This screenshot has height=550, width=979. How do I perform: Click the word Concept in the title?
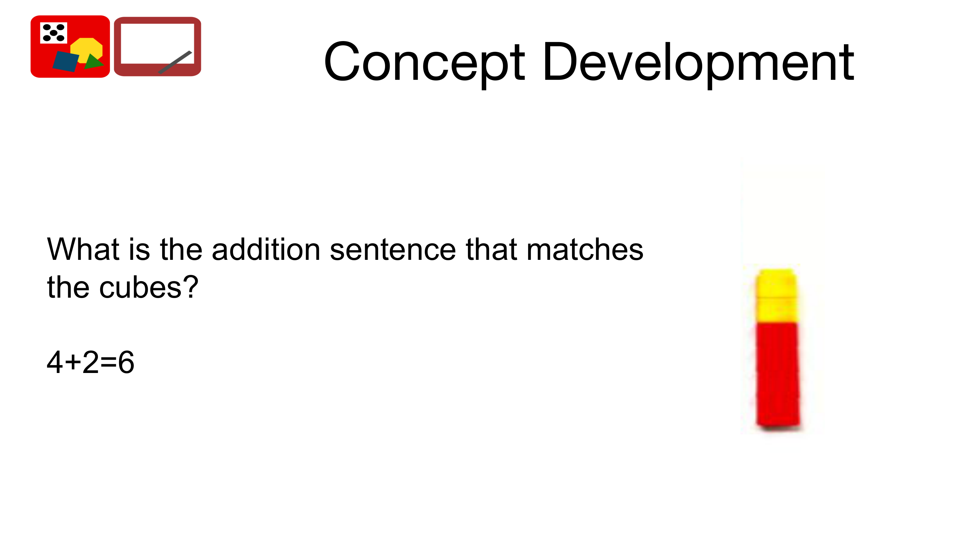click(425, 63)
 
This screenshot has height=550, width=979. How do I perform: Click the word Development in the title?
click(699, 63)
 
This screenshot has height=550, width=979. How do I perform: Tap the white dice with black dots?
click(54, 33)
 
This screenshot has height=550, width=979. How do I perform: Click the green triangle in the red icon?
click(93, 62)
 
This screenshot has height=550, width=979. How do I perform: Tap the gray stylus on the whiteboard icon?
click(175, 62)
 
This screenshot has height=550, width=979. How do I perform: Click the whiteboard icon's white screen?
click(157, 43)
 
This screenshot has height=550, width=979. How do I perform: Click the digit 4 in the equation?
click(55, 362)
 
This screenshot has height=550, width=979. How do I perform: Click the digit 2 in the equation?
click(91, 362)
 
